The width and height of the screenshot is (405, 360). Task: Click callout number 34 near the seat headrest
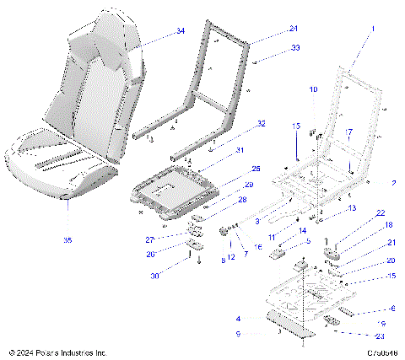(180, 30)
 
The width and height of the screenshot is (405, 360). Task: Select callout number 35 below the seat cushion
(68, 241)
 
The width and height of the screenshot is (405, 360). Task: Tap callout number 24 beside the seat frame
(269, 28)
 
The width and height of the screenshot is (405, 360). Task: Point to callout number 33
(272, 48)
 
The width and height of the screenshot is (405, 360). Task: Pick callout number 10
(312, 89)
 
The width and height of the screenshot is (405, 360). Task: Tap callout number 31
(239, 151)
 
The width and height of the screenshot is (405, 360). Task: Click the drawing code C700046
(381, 352)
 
